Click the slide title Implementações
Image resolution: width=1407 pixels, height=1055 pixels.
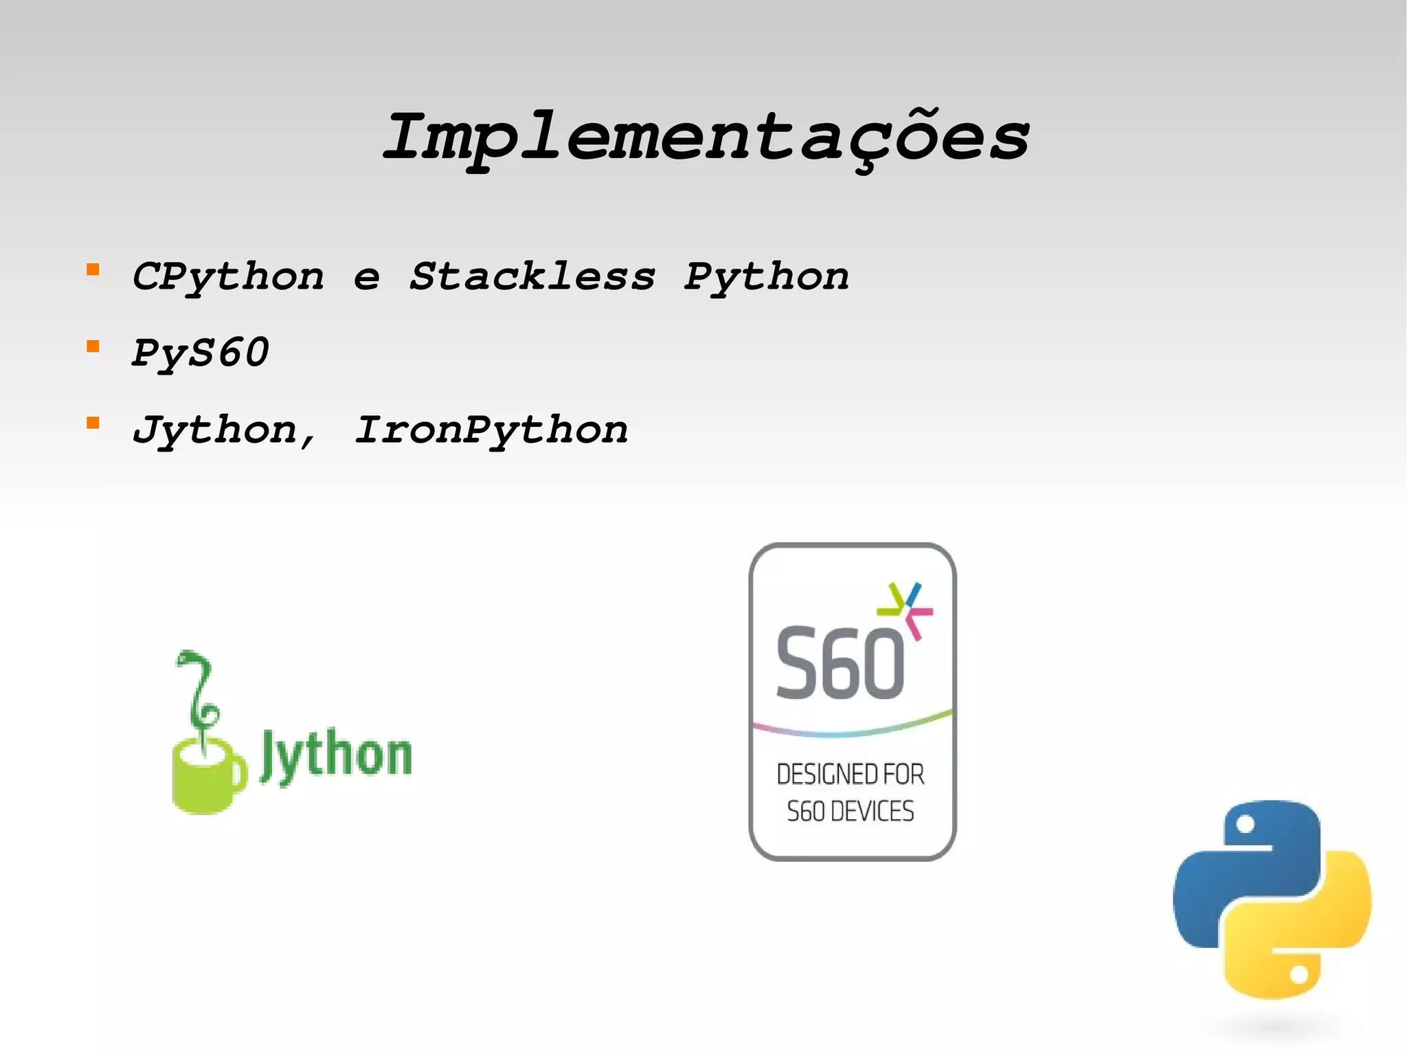(x=706, y=137)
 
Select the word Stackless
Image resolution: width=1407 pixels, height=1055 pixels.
(x=532, y=277)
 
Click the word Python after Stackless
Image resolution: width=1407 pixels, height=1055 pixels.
(x=767, y=277)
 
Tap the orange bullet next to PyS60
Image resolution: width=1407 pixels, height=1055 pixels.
(x=93, y=346)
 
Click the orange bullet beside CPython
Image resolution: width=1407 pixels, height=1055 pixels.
(x=93, y=269)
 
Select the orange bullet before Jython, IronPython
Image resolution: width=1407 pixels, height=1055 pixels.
(x=93, y=423)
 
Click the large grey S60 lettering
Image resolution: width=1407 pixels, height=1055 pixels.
(x=840, y=664)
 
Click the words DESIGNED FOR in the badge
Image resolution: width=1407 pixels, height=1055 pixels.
(x=851, y=775)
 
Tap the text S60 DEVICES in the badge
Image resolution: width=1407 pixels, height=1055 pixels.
(x=851, y=812)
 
